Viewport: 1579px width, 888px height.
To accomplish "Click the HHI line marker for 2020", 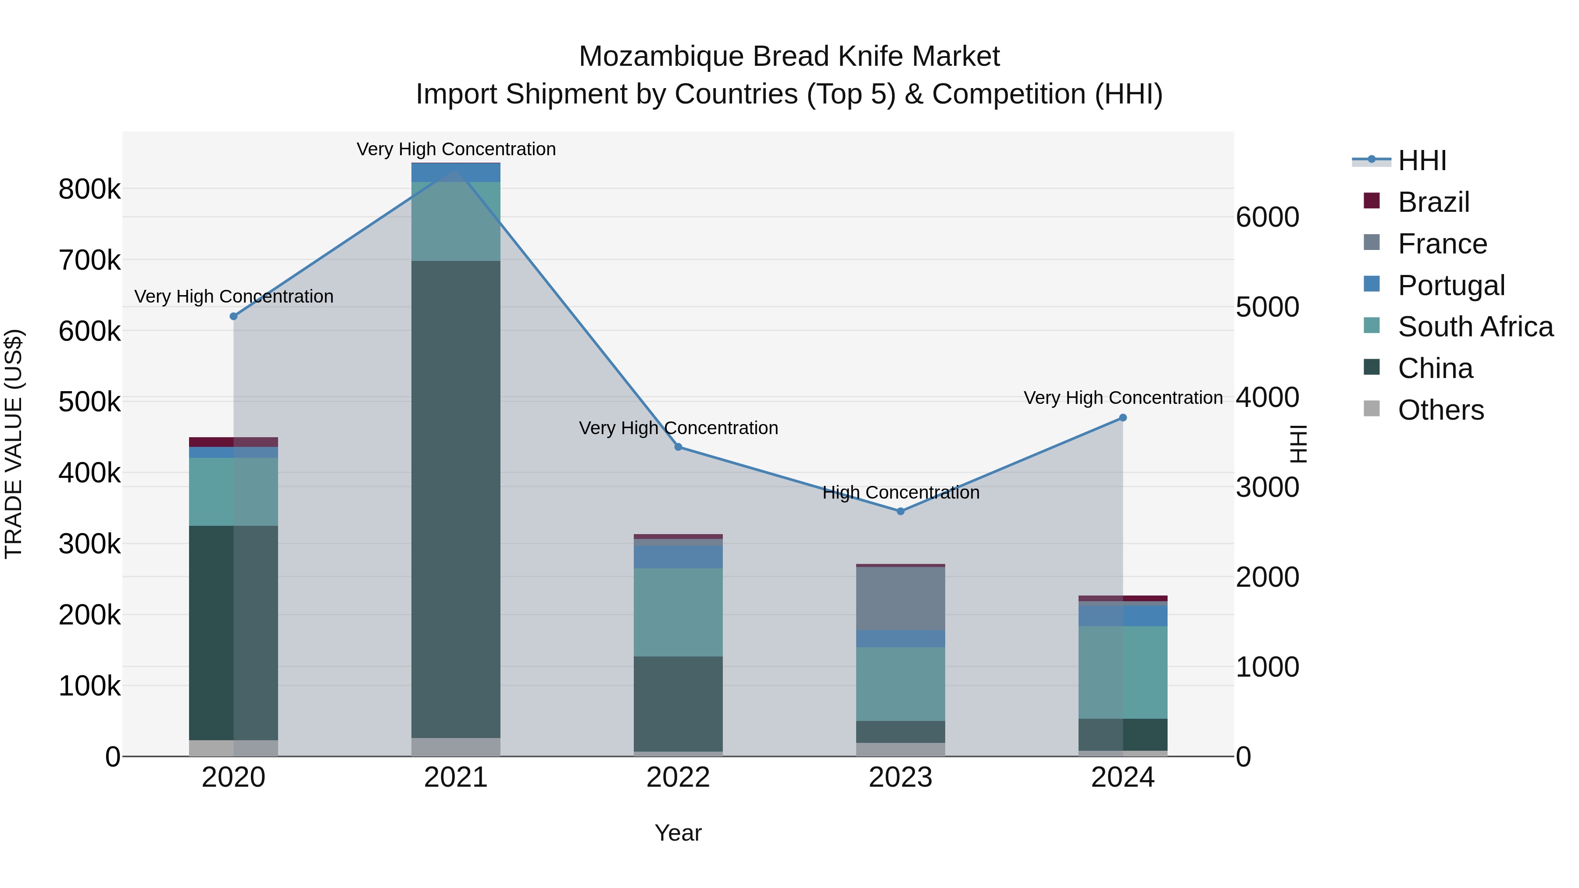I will (233, 316).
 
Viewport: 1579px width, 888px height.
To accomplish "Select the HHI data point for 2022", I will (679, 447).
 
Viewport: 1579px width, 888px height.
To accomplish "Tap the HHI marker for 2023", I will (900, 511).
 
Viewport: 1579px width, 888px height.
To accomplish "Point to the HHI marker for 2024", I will (1123, 418).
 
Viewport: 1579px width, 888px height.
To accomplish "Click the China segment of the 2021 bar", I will (455, 499).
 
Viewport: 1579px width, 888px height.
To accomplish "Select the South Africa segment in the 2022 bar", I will (678, 612).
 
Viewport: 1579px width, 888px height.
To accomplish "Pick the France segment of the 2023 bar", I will (900, 598).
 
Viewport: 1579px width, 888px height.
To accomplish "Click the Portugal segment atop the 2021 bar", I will (455, 173).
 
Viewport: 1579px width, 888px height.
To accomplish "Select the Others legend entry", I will (1440, 410).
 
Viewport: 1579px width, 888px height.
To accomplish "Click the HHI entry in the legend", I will (1422, 160).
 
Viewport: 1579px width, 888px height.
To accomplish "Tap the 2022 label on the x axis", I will (678, 777).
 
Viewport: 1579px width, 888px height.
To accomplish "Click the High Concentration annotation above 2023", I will (900, 493).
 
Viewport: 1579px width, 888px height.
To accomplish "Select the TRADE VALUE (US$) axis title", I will (14, 444).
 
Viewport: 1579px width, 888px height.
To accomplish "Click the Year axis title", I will (678, 833).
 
